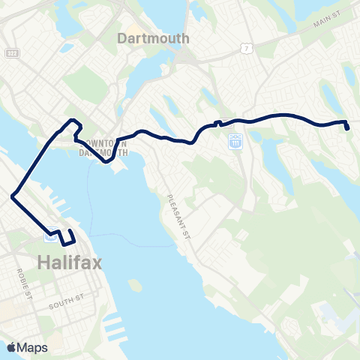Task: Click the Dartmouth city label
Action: [154, 37]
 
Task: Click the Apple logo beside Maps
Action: [12, 347]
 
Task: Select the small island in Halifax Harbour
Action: [135, 286]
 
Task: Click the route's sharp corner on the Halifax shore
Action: [13, 196]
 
